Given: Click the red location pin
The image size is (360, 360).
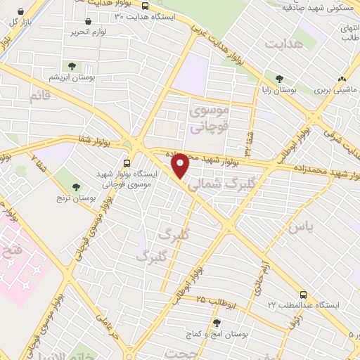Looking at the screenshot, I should point(181,165).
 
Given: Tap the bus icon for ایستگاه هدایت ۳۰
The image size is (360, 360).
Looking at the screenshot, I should point(144,6).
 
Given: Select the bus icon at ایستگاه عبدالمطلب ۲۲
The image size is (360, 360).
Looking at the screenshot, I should point(303,295).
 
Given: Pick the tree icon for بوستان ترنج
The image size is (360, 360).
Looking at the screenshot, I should point(75,186).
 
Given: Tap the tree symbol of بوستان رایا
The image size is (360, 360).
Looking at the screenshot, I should point(280,79).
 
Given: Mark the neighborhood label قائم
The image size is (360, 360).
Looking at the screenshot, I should point(40,96).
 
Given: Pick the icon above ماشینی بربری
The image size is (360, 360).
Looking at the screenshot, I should point(342,79).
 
